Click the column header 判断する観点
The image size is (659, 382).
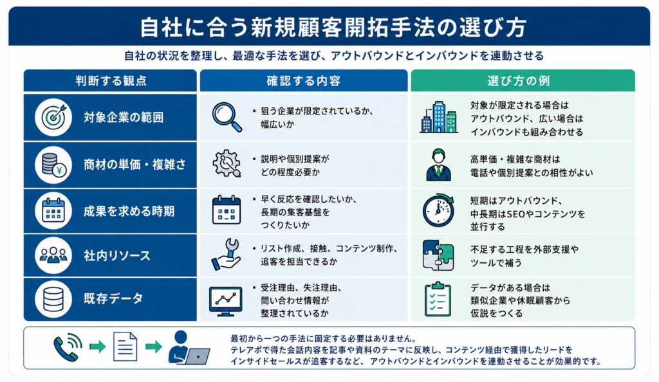coord(111,80)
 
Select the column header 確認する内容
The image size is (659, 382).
coord(304,80)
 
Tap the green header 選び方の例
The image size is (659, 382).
coord(519,80)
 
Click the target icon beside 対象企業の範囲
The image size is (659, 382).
coord(53,117)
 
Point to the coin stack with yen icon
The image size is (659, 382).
coord(53,165)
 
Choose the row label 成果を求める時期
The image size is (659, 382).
coord(129,211)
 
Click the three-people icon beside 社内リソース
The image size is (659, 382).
coord(53,255)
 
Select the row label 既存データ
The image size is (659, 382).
coord(113,298)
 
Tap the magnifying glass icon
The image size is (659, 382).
coord(227,117)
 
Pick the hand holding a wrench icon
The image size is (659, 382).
coord(226,254)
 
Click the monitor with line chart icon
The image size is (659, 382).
coord(226,301)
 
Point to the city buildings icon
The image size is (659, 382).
coord(439,117)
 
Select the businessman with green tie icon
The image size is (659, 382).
coord(438,165)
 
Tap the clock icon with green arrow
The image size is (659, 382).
coord(438,210)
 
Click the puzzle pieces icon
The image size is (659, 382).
coord(438,255)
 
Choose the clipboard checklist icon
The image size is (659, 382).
coord(438,299)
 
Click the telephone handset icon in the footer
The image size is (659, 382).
coord(67,347)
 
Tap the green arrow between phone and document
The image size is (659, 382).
coord(98,347)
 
